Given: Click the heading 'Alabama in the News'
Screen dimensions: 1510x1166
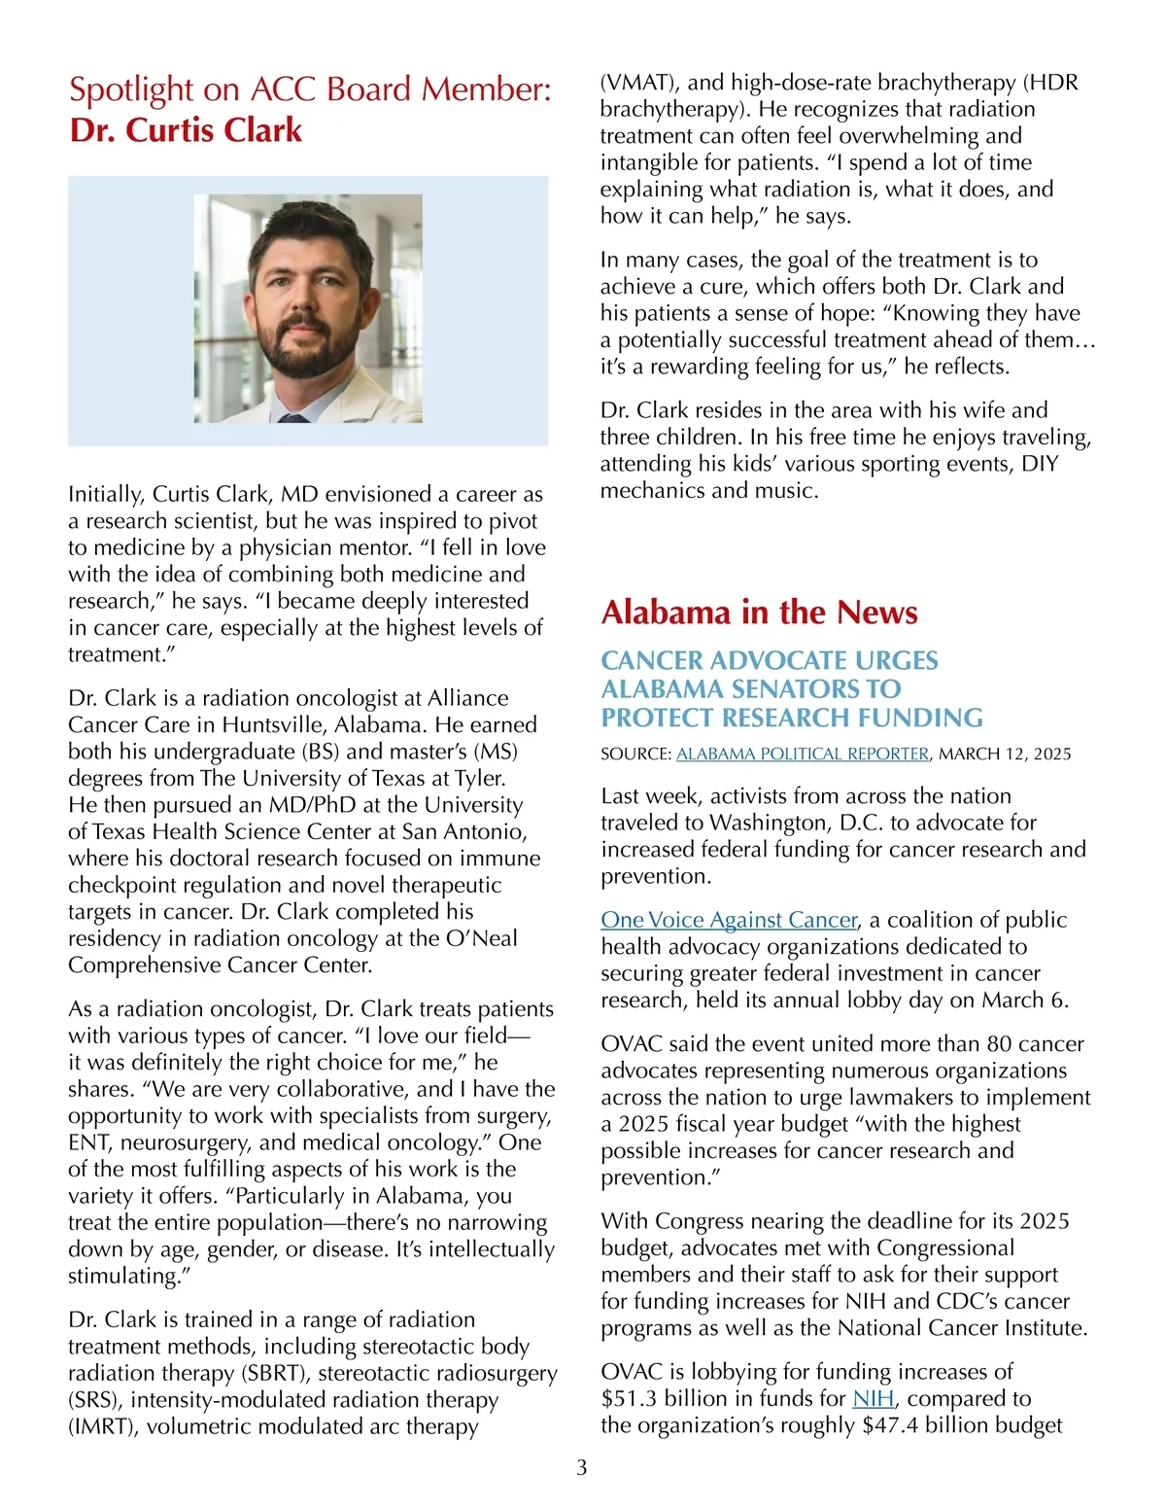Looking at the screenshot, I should [x=759, y=613].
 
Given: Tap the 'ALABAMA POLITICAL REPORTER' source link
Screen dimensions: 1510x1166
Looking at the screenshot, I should [x=803, y=754].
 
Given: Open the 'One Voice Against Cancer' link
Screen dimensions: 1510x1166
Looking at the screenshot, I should [x=729, y=920].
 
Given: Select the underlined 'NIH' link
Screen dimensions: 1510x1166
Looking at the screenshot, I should [x=873, y=1398].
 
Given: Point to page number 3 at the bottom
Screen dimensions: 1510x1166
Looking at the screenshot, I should [x=582, y=1467].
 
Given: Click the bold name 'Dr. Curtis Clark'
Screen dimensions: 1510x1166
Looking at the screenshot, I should [x=186, y=130].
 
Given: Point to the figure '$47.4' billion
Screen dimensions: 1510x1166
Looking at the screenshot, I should [x=890, y=1425].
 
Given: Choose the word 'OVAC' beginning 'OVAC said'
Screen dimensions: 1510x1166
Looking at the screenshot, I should [x=632, y=1044].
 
